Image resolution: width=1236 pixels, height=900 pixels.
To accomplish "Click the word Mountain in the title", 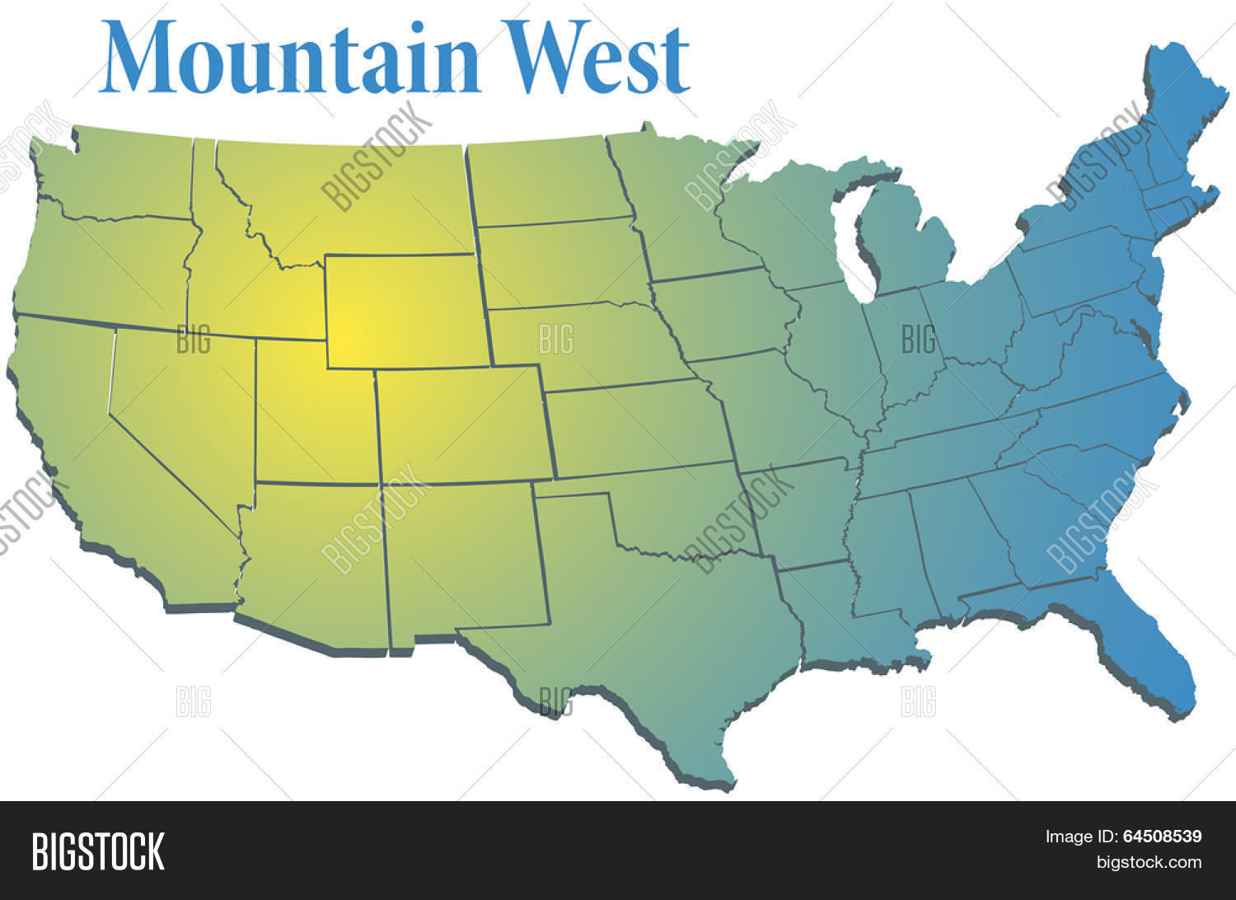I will point(288,56).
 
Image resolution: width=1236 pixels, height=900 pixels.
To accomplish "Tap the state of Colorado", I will point(461,424).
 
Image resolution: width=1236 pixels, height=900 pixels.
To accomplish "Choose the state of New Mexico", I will point(461,560).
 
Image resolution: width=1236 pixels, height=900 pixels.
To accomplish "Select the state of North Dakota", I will point(544,181).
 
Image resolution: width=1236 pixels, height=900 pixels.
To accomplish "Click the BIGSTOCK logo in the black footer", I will point(98,851).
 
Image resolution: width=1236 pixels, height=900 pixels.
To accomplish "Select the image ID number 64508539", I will point(1162,837).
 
